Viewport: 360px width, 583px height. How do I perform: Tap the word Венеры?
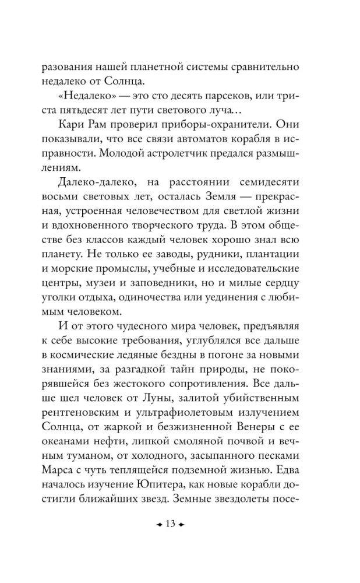click(238, 429)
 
